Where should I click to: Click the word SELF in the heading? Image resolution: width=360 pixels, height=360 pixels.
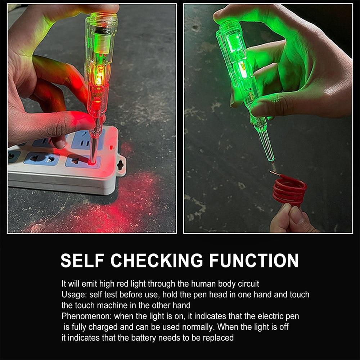(82, 260)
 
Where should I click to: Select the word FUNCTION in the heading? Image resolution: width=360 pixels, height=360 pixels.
(254, 260)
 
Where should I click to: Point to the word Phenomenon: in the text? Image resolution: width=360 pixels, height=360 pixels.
(84, 316)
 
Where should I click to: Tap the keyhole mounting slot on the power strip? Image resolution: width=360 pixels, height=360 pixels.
(120, 165)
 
